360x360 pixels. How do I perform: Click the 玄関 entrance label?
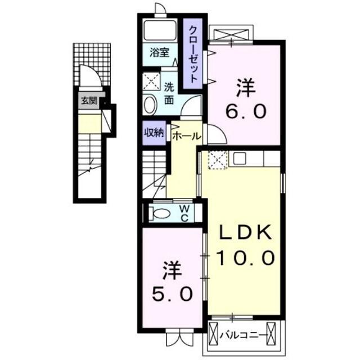[88, 102]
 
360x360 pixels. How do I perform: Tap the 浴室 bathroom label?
[159, 53]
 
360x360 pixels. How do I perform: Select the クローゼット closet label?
[192, 54]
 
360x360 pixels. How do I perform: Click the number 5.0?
[173, 293]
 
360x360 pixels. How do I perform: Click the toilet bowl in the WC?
[161, 213]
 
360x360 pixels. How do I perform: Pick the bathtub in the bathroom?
[160, 30]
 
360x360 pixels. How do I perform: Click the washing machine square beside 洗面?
[151, 82]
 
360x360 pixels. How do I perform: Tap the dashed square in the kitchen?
[217, 160]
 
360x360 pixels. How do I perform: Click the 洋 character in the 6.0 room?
[246, 87]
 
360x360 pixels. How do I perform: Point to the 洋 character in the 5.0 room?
[173, 269]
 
